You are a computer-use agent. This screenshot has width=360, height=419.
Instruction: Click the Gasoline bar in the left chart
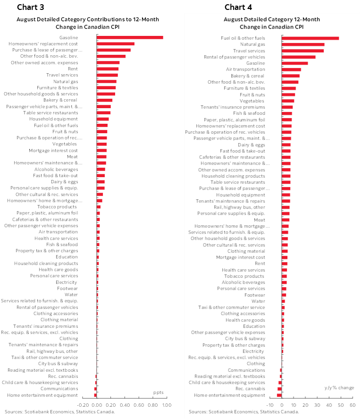tap(130, 38)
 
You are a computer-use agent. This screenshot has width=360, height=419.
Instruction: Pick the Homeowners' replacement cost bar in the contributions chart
tap(116, 44)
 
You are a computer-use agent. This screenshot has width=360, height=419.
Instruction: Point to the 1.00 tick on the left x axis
tap(166, 405)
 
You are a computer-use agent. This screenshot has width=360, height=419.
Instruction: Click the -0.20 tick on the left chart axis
tap(83, 405)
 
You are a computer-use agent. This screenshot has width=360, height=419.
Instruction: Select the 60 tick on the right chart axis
tap(352, 405)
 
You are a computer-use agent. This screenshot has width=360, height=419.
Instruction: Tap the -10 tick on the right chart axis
tap(269, 405)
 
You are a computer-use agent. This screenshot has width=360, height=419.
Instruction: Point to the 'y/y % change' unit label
tap(339, 388)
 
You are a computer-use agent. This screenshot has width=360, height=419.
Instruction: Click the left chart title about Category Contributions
tap(88, 23)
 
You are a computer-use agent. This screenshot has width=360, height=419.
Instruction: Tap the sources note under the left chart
tap(59, 412)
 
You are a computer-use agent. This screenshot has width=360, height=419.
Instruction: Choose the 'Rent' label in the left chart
tap(73, 69)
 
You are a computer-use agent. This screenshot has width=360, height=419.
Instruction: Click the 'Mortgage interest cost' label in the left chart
tap(53, 150)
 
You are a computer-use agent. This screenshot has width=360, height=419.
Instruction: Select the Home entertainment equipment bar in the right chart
tap(279, 395)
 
